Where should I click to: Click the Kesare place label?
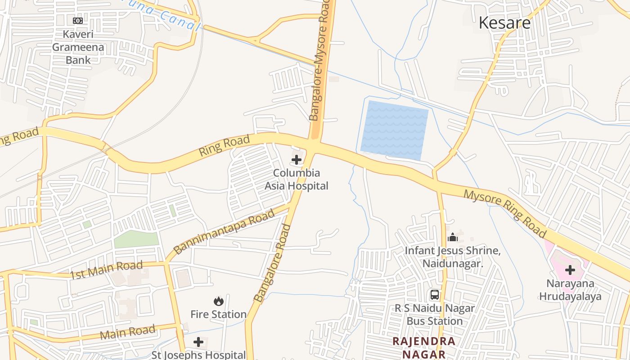coord(504,22)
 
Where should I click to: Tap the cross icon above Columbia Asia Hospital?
coord(297,159)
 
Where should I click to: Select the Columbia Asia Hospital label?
coord(297,179)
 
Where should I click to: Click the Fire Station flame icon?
coord(219,301)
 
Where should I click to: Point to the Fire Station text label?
coord(219,314)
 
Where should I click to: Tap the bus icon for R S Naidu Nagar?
coord(435,295)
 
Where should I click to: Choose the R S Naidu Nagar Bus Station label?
coord(435,315)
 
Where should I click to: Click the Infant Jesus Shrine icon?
coord(453,237)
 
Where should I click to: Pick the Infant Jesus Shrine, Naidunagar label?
coord(453,257)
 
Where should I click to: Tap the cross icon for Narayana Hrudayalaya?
coord(570,270)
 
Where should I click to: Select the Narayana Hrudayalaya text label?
coord(570,290)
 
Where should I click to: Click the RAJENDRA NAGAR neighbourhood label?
coord(424,347)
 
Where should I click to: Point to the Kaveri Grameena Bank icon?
coord(78,20)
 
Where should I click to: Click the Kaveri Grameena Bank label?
coord(78,47)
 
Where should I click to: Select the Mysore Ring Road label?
coord(505,214)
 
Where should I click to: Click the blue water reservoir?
coord(394,130)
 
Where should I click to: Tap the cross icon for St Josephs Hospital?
coord(198,342)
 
